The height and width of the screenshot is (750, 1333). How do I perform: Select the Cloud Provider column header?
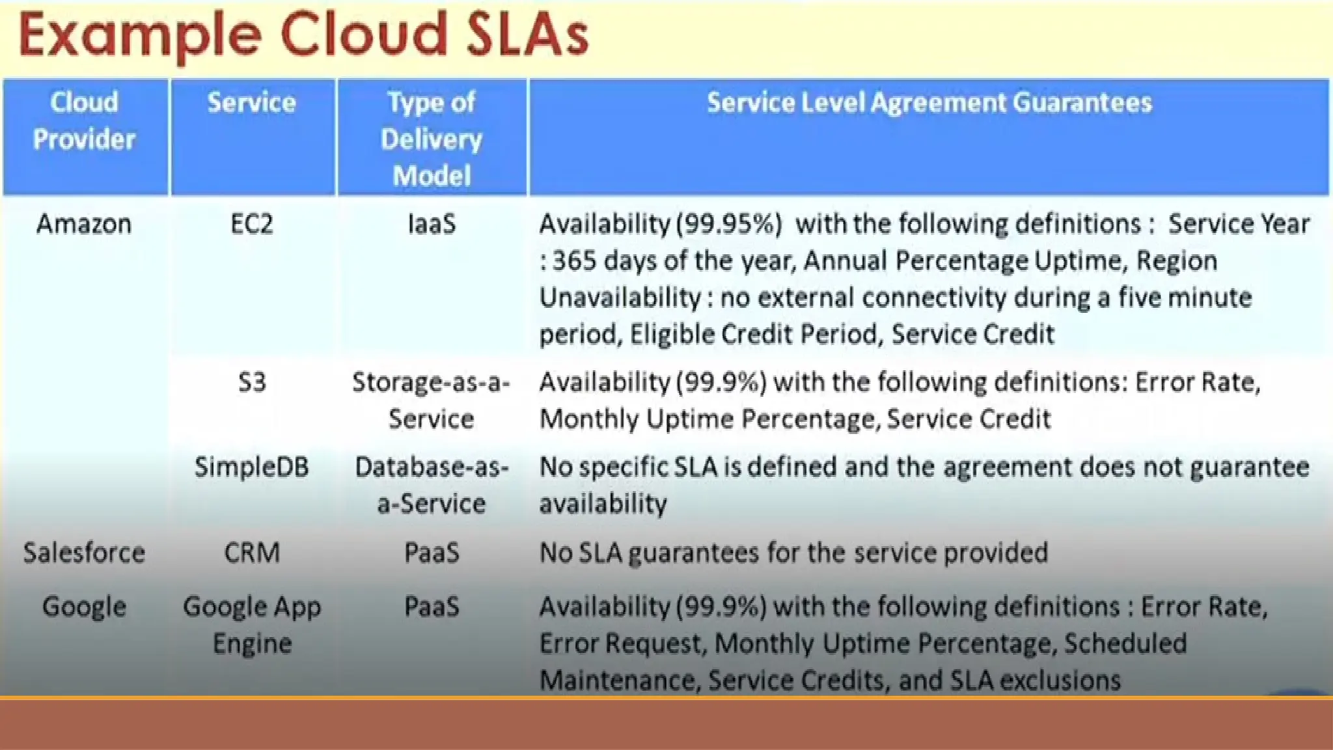[85, 121]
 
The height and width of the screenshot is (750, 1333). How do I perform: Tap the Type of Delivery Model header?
[432, 139]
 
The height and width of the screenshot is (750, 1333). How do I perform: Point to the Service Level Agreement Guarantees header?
[929, 103]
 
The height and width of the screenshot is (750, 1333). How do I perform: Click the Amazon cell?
[84, 224]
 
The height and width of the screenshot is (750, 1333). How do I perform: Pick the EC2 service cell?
[252, 224]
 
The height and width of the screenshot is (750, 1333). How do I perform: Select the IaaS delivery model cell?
[432, 224]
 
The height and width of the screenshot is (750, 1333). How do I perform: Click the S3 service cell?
[252, 382]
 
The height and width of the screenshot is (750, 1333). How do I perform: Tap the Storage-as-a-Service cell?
[432, 400]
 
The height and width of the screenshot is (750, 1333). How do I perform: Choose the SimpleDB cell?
[252, 467]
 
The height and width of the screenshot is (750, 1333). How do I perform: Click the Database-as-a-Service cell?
[432, 485]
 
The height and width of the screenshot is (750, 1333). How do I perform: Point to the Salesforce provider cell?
[84, 553]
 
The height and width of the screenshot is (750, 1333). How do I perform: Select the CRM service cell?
[252, 553]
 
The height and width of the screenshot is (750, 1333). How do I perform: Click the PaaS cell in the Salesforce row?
[432, 553]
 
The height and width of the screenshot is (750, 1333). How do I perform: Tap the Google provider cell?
[84, 607]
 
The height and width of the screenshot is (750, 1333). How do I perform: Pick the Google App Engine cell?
[252, 625]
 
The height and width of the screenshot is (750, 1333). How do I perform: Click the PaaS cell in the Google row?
[432, 607]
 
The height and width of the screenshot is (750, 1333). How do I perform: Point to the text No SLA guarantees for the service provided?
[793, 553]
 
